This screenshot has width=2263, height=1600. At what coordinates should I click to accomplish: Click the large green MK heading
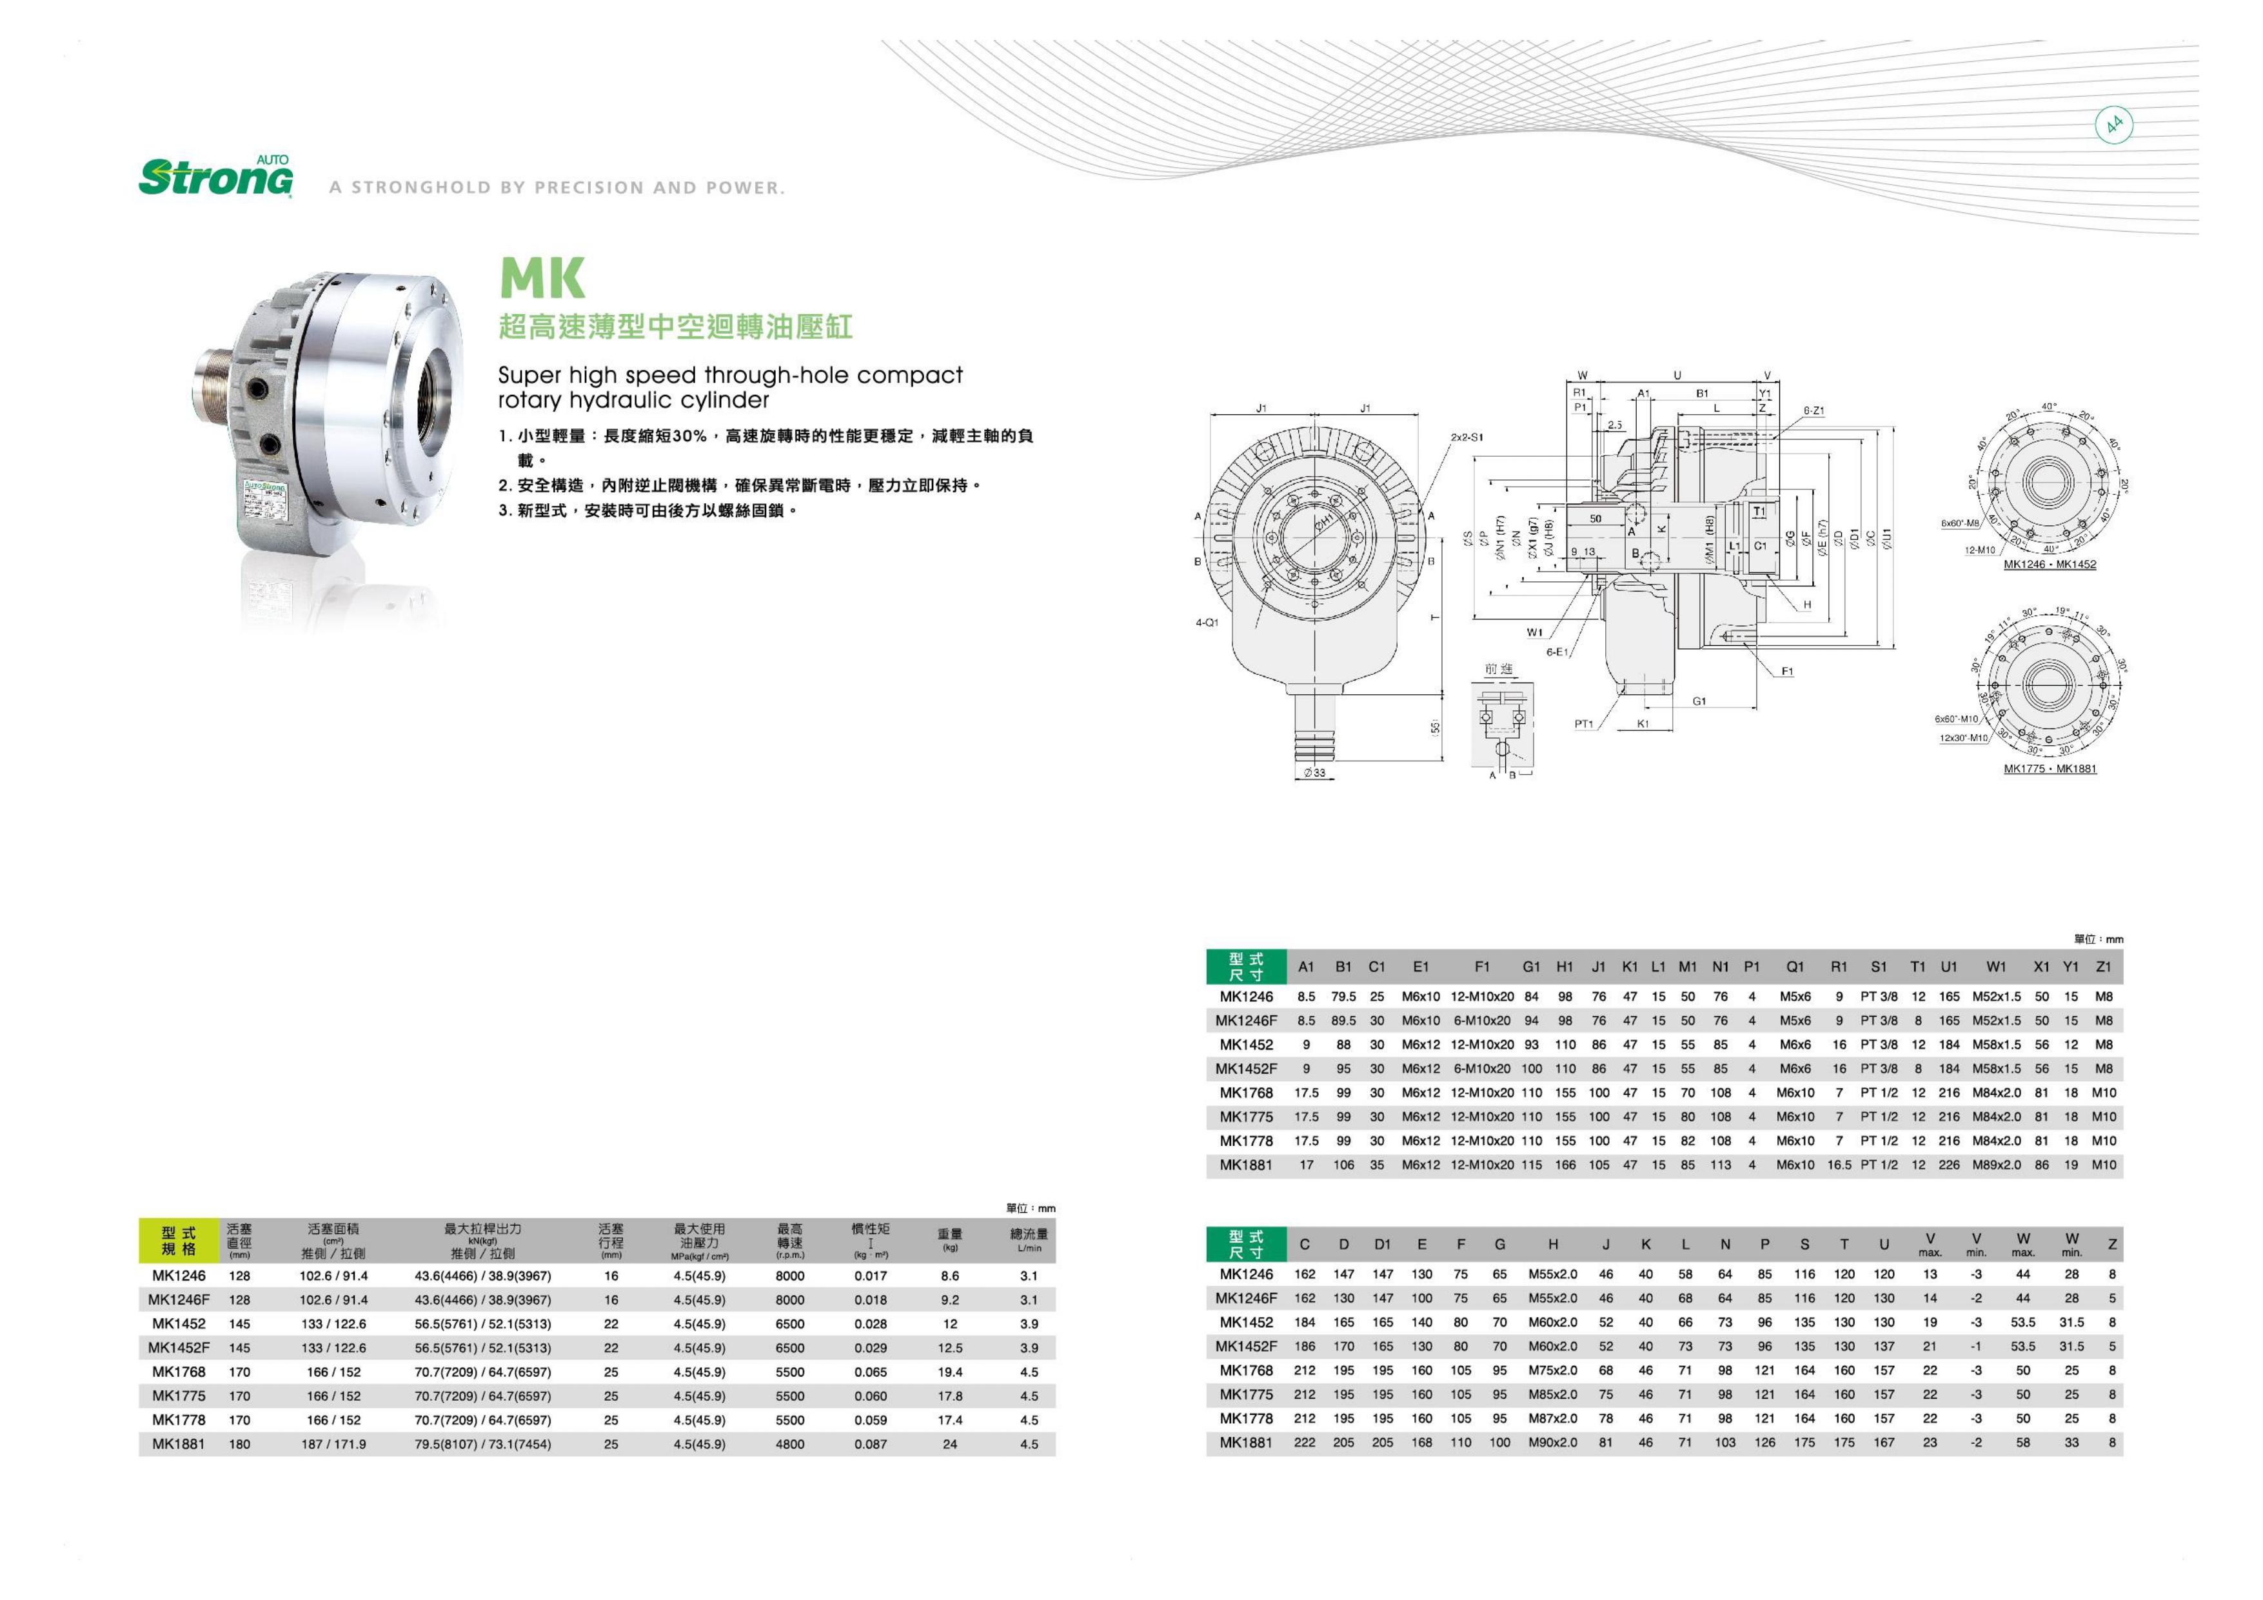[x=542, y=278]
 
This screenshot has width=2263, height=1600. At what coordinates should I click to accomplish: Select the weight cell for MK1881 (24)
[x=949, y=1445]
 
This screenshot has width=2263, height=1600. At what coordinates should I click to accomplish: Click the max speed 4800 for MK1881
[x=789, y=1445]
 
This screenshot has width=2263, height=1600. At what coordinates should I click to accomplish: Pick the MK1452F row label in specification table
[x=179, y=1348]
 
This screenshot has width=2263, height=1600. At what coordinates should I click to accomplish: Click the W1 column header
[x=1996, y=967]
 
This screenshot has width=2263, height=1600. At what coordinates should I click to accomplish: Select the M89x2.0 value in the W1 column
[x=1996, y=1165]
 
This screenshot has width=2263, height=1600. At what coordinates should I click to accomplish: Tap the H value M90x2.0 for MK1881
[x=1552, y=1443]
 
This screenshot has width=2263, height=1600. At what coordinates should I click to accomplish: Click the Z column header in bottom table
[x=2111, y=1245]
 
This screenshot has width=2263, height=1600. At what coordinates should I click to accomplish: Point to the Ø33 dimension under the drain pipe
[x=1315, y=773]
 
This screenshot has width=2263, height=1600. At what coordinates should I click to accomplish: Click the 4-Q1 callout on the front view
[x=1207, y=623]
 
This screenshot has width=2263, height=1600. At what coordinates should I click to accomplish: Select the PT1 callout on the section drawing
[x=1583, y=725]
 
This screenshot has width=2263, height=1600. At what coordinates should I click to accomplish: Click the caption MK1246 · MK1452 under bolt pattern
[x=2049, y=565]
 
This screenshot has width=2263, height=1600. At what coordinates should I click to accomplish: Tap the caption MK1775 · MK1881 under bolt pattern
[x=2049, y=769]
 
